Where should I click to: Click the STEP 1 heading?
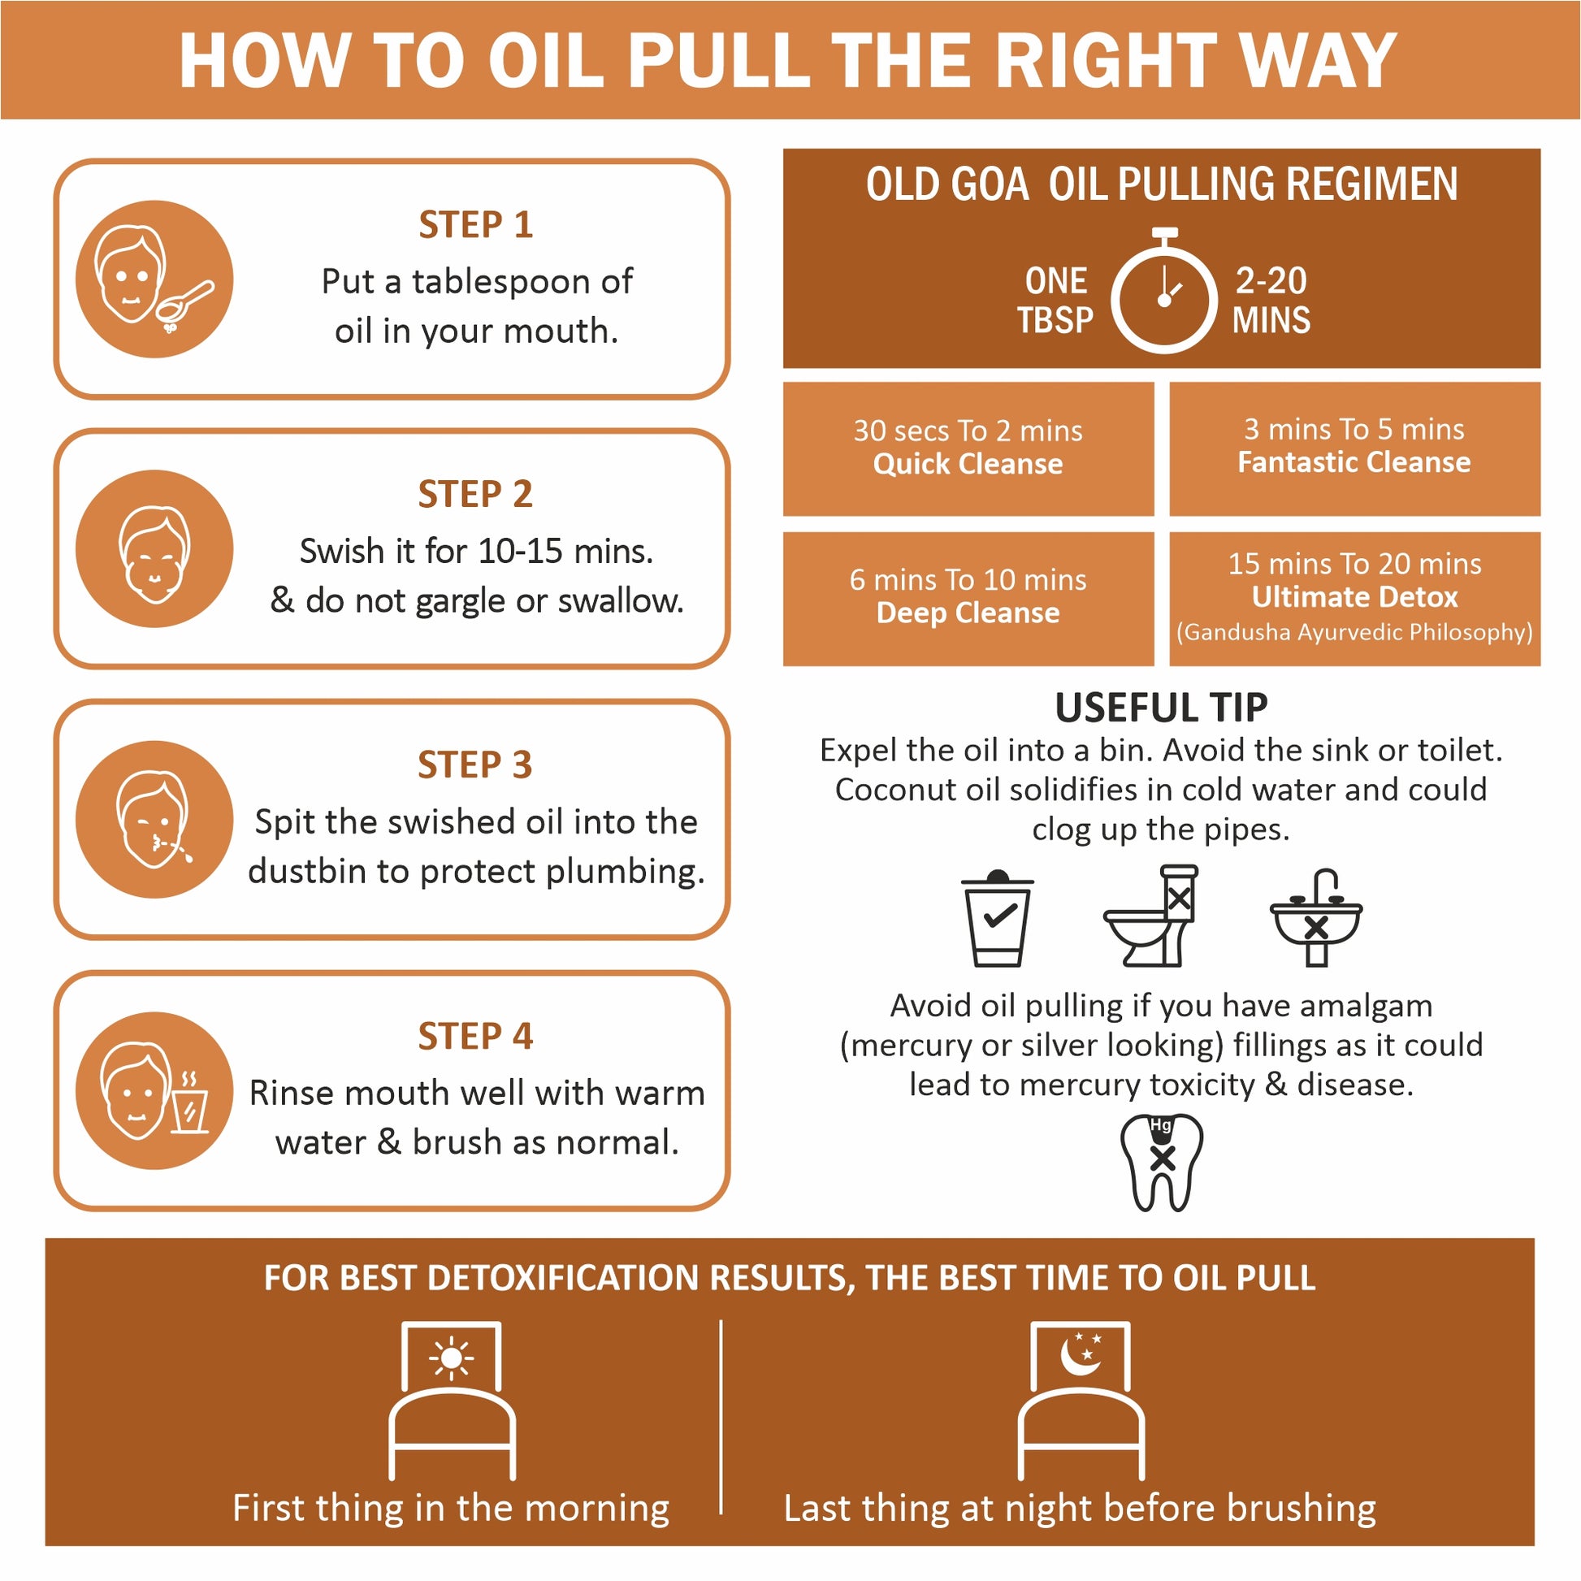[x=475, y=225]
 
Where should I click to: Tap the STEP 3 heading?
[x=474, y=765]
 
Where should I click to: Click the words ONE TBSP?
[x=1055, y=301]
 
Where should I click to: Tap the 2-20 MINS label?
[x=1271, y=301]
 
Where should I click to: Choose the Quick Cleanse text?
[x=968, y=464]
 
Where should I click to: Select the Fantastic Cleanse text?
[x=1354, y=462]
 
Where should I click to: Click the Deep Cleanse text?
[x=968, y=613]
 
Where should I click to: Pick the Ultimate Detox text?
[x=1355, y=597]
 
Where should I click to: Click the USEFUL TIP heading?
[x=1161, y=708]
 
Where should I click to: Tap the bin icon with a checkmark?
[x=998, y=917]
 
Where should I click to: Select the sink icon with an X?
[x=1316, y=917]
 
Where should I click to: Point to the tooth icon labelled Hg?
[x=1162, y=1162]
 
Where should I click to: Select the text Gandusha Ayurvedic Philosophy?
[x=1354, y=633]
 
